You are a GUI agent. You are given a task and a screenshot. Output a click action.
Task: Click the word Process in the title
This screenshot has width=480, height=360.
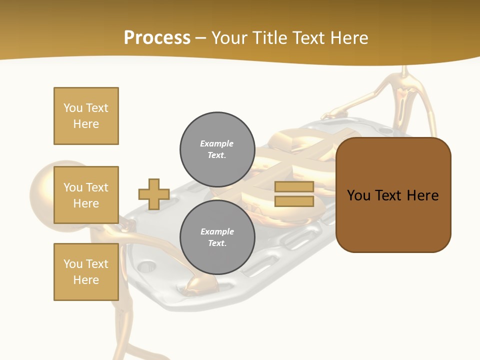click(157, 38)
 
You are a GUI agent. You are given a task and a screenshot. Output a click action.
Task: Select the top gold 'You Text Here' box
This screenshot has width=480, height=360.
click(86, 116)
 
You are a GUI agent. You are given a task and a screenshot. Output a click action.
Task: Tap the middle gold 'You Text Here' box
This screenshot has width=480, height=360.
click(86, 195)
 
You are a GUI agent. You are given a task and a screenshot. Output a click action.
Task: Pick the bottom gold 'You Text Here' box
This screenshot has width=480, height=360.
click(86, 272)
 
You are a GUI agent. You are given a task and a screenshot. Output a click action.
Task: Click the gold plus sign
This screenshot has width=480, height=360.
click(154, 194)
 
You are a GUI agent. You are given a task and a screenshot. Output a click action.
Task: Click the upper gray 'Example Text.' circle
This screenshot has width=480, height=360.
click(217, 149)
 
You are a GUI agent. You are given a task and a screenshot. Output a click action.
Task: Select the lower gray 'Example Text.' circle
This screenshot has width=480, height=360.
click(217, 237)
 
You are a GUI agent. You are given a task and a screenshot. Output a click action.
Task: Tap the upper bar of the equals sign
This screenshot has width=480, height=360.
click(294, 187)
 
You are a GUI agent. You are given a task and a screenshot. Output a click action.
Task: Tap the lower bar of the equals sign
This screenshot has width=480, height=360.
click(294, 201)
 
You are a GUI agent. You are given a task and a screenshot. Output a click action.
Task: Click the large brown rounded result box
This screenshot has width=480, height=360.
click(393, 220)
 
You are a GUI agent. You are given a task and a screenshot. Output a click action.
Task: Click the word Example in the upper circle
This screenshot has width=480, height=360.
click(217, 143)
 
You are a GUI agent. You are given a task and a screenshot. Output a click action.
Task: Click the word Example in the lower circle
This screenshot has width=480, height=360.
click(217, 231)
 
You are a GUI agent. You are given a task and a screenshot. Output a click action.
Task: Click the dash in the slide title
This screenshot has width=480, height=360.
click(200, 38)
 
